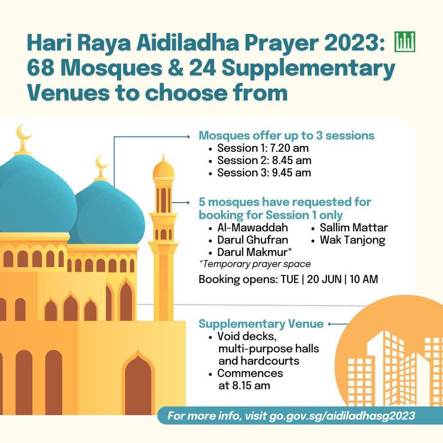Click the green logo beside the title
click(405, 41)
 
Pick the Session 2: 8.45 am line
click(264, 160)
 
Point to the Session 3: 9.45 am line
click(264, 173)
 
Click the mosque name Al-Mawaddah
click(252, 228)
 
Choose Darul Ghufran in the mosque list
click(252, 240)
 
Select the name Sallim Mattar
click(354, 228)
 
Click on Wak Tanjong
click(352, 240)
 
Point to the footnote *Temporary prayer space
click(255, 264)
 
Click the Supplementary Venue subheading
click(261, 324)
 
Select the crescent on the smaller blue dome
click(102, 164)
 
